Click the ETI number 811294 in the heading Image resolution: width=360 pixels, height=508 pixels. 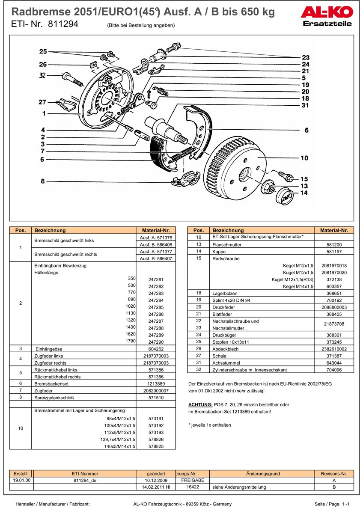click(x=63, y=24)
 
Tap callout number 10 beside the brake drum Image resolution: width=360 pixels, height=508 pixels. click(x=304, y=158)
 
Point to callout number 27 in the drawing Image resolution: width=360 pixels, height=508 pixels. click(x=42, y=102)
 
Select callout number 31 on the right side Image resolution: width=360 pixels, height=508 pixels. click(x=305, y=105)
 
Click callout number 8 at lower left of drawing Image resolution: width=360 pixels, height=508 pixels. click(x=42, y=181)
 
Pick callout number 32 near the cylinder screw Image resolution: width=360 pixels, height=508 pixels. click(x=42, y=75)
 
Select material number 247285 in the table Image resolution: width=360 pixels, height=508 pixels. click(x=156, y=307)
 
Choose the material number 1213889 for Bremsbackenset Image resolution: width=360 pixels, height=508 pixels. click(x=156, y=384)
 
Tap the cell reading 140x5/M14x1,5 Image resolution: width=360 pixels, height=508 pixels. click(x=120, y=446)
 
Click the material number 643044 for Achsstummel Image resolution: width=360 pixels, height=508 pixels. click(x=334, y=363)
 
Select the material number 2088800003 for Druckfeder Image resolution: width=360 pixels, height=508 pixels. click(x=334, y=307)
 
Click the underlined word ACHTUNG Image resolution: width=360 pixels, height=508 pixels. click(x=200, y=405)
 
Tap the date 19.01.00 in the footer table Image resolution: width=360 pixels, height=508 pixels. click(x=21, y=480)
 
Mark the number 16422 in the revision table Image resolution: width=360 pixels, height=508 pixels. click(x=193, y=487)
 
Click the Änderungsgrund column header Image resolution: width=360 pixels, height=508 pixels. click(x=263, y=474)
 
